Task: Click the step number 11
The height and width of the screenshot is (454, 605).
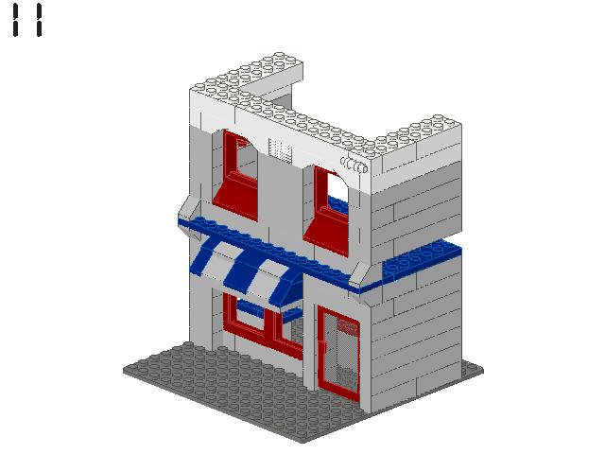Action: click(27, 20)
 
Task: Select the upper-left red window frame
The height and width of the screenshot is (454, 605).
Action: click(234, 175)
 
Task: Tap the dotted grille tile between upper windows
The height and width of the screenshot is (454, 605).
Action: click(282, 149)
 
